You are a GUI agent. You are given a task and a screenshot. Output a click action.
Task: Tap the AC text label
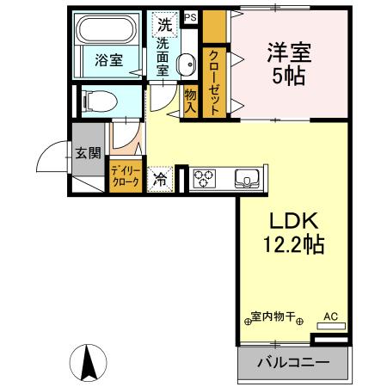[331, 316]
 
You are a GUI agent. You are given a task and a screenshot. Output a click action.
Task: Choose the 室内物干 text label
[274, 316]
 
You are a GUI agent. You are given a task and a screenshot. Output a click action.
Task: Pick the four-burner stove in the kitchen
[204, 179]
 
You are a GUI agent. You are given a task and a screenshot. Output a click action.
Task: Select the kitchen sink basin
[248, 179]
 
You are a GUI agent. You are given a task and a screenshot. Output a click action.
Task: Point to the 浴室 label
[107, 61]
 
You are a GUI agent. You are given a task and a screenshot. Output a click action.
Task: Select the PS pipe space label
[189, 16]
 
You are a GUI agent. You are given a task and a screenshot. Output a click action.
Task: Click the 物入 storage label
[191, 101]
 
